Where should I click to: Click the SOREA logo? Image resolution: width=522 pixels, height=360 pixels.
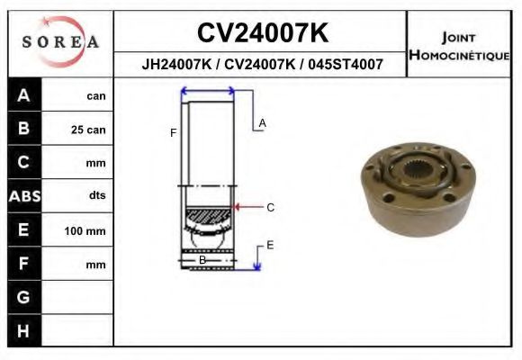point(59,42)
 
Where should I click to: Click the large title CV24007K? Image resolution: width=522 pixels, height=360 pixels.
point(262,33)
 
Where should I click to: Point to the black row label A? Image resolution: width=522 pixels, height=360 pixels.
point(23,95)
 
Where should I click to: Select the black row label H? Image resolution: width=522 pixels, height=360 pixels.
point(23,331)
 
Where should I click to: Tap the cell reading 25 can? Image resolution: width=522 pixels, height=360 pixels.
point(88,130)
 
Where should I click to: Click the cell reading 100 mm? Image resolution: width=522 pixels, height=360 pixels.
point(85,231)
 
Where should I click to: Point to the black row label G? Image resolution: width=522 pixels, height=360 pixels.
point(23,298)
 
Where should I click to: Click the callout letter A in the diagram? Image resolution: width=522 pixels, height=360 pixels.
point(262,122)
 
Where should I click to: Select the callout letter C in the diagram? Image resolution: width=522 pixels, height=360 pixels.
point(269,207)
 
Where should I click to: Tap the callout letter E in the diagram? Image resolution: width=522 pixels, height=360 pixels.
point(269,245)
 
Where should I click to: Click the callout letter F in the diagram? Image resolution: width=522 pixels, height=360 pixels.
point(173,133)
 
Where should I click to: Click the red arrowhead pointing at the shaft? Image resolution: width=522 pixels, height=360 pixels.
point(237,207)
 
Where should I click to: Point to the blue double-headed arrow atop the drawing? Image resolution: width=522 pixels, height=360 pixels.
point(208,90)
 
